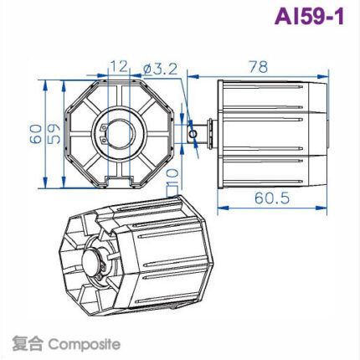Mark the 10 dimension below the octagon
pos(173,176)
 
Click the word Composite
pos(84,343)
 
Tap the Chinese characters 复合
pos(28,343)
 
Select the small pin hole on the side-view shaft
pos(194,129)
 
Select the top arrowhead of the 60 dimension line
pos(43,82)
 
